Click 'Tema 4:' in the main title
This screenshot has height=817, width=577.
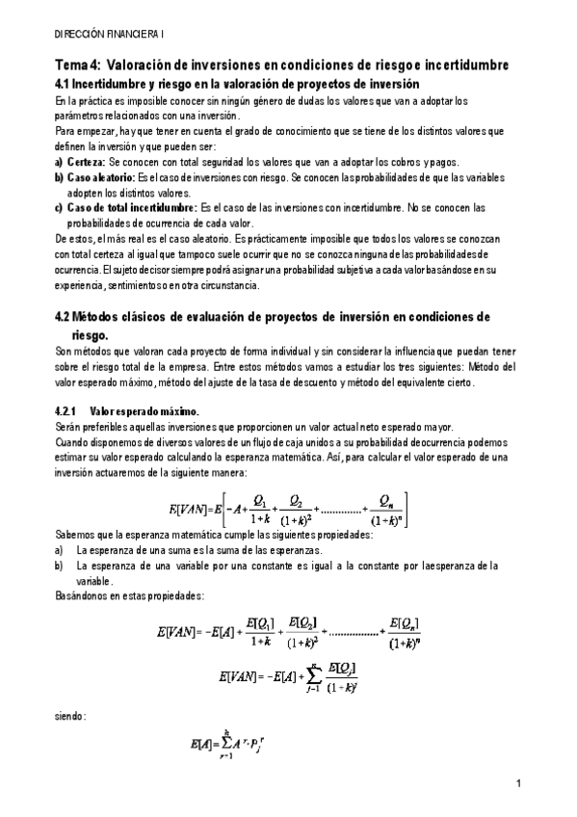(x=75, y=65)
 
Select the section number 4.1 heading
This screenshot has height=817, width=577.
(x=64, y=83)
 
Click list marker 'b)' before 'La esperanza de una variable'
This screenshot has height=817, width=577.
(x=59, y=567)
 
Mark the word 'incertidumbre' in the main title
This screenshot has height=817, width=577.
(x=466, y=65)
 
